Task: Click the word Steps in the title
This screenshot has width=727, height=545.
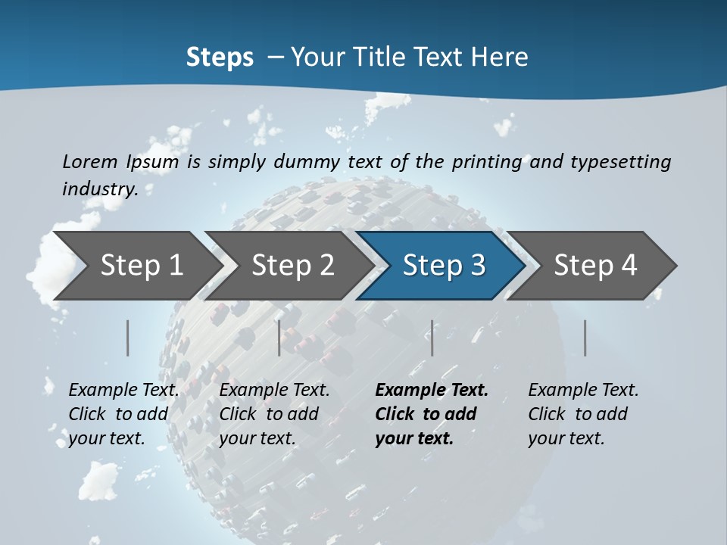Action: coord(220,58)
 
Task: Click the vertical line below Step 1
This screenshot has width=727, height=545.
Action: coord(128,338)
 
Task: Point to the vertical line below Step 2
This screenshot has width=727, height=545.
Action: coord(279,338)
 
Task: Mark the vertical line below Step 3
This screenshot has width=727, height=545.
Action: coord(432,338)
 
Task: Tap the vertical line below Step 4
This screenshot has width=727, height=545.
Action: coord(585,338)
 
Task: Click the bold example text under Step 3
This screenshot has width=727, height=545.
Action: coord(430,414)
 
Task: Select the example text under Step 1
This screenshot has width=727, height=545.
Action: coord(123,414)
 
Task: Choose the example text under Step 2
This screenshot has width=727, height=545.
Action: coord(274,414)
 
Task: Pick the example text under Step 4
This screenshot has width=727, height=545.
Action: coord(583,414)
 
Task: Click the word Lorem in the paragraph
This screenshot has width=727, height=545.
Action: coord(90,161)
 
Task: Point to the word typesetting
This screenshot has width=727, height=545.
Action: coord(620,161)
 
